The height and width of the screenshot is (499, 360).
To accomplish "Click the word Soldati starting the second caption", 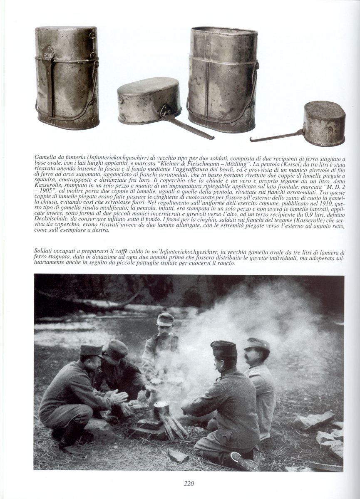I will pyautogui.click(x=46, y=252).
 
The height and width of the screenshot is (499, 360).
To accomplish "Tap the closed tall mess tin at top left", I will pyautogui.click(x=67, y=78).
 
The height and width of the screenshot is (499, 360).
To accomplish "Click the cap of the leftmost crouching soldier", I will pyautogui.click(x=91, y=350).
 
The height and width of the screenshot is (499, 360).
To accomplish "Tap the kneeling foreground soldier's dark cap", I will pyautogui.click(x=223, y=348).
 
